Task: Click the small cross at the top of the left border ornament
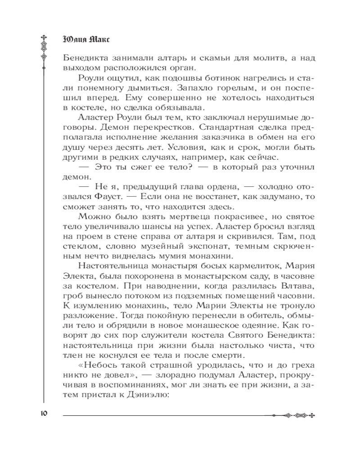[44, 36]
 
